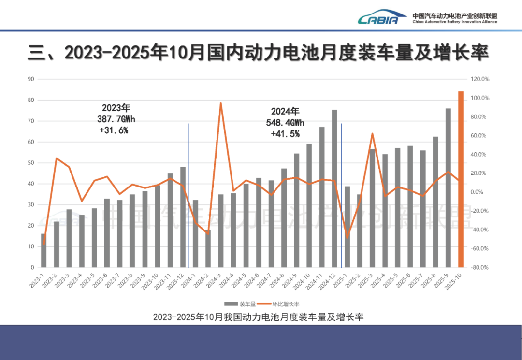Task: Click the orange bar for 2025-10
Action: [x=461, y=179]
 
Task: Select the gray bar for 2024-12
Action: [x=334, y=188]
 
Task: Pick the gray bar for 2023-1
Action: [x=43, y=250]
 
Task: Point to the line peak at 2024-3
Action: [x=220, y=103]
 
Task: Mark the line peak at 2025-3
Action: [x=372, y=133]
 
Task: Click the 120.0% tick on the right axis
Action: [x=479, y=79]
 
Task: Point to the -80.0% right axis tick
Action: [x=479, y=267]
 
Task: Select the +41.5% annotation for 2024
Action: [x=285, y=133]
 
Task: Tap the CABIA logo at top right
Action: [x=378, y=17]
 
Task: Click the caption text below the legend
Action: [x=258, y=317]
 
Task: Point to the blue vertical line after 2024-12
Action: [x=342, y=193]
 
